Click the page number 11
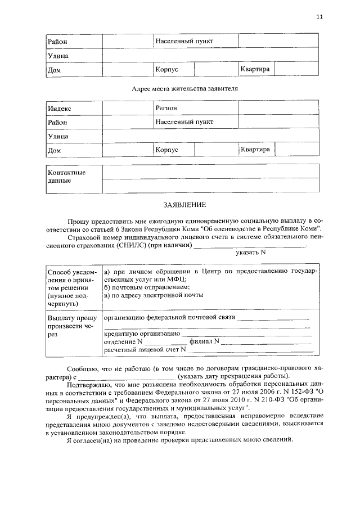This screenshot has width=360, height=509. tap(319, 17)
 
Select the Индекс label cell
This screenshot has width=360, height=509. tap(74, 108)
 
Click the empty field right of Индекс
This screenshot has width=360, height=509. tap(128, 108)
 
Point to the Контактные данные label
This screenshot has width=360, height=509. tap(73, 177)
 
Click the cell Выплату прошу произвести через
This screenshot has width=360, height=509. tap(73, 326)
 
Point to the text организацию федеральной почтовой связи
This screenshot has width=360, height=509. tap(169, 318)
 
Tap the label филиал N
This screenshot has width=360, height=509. tap(204, 341)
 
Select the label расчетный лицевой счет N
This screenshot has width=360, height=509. tap(145, 349)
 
